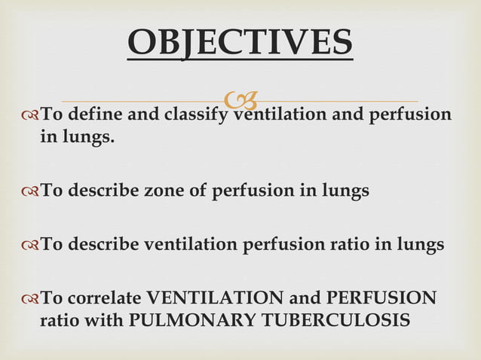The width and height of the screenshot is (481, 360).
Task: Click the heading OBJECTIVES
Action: click(240, 42)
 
